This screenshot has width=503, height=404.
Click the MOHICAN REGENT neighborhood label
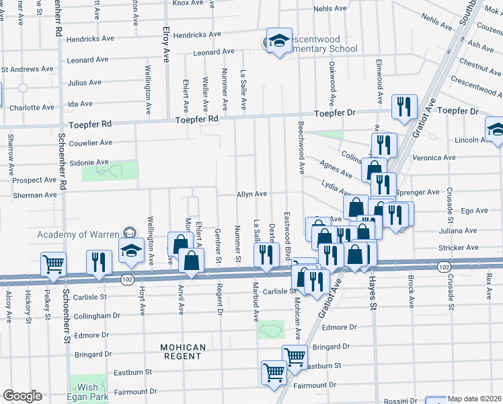tap(183, 353)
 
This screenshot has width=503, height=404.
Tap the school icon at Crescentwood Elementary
tap(277, 41)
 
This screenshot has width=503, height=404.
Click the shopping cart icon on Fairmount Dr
tap(274, 372)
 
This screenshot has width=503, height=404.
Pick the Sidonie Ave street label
tap(89, 162)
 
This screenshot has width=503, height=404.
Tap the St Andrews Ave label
tap(27, 69)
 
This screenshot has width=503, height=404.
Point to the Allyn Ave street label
tap(251, 194)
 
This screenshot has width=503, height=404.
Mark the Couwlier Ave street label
tap(91, 143)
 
